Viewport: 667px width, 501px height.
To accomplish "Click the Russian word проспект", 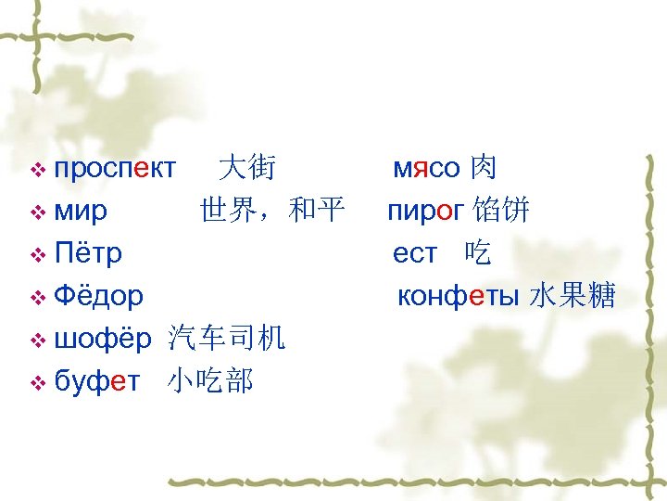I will pyautogui.click(x=115, y=169).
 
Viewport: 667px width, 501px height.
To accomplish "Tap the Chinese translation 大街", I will pyautogui.click(x=245, y=168).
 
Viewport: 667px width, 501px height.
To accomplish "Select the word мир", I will pyautogui.click(x=81, y=212).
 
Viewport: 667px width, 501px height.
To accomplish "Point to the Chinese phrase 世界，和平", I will pyautogui.click(x=271, y=211).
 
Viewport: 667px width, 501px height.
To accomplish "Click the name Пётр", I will pyautogui.click(x=88, y=253).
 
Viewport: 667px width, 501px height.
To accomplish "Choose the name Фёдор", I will pyautogui.click(x=98, y=296).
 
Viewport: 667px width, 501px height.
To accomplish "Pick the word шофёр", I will pyautogui.click(x=102, y=339).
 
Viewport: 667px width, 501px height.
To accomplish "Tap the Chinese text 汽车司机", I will pyautogui.click(x=227, y=339).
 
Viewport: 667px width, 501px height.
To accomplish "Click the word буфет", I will pyautogui.click(x=97, y=381).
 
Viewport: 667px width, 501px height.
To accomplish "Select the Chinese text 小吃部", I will pyautogui.click(x=211, y=381).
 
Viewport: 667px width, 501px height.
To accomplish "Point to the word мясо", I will pyautogui.click(x=426, y=169).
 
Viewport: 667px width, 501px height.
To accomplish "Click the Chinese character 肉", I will pyautogui.click(x=483, y=168).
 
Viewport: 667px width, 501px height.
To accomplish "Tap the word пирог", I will pyautogui.click(x=425, y=212).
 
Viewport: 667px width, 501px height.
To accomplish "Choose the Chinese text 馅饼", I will pyautogui.click(x=500, y=211).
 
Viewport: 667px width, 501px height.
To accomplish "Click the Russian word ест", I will pyautogui.click(x=414, y=253).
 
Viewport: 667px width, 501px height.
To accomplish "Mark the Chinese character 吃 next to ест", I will pyautogui.click(x=478, y=253).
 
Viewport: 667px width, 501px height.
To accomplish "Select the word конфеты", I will pyautogui.click(x=459, y=296).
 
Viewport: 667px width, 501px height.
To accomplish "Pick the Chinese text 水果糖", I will pyautogui.click(x=573, y=296).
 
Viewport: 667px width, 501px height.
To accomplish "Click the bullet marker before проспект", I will pyautogui.click(x=38, y=170).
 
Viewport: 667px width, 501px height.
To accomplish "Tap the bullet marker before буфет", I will pyautogui.click(x=38, y=382).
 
